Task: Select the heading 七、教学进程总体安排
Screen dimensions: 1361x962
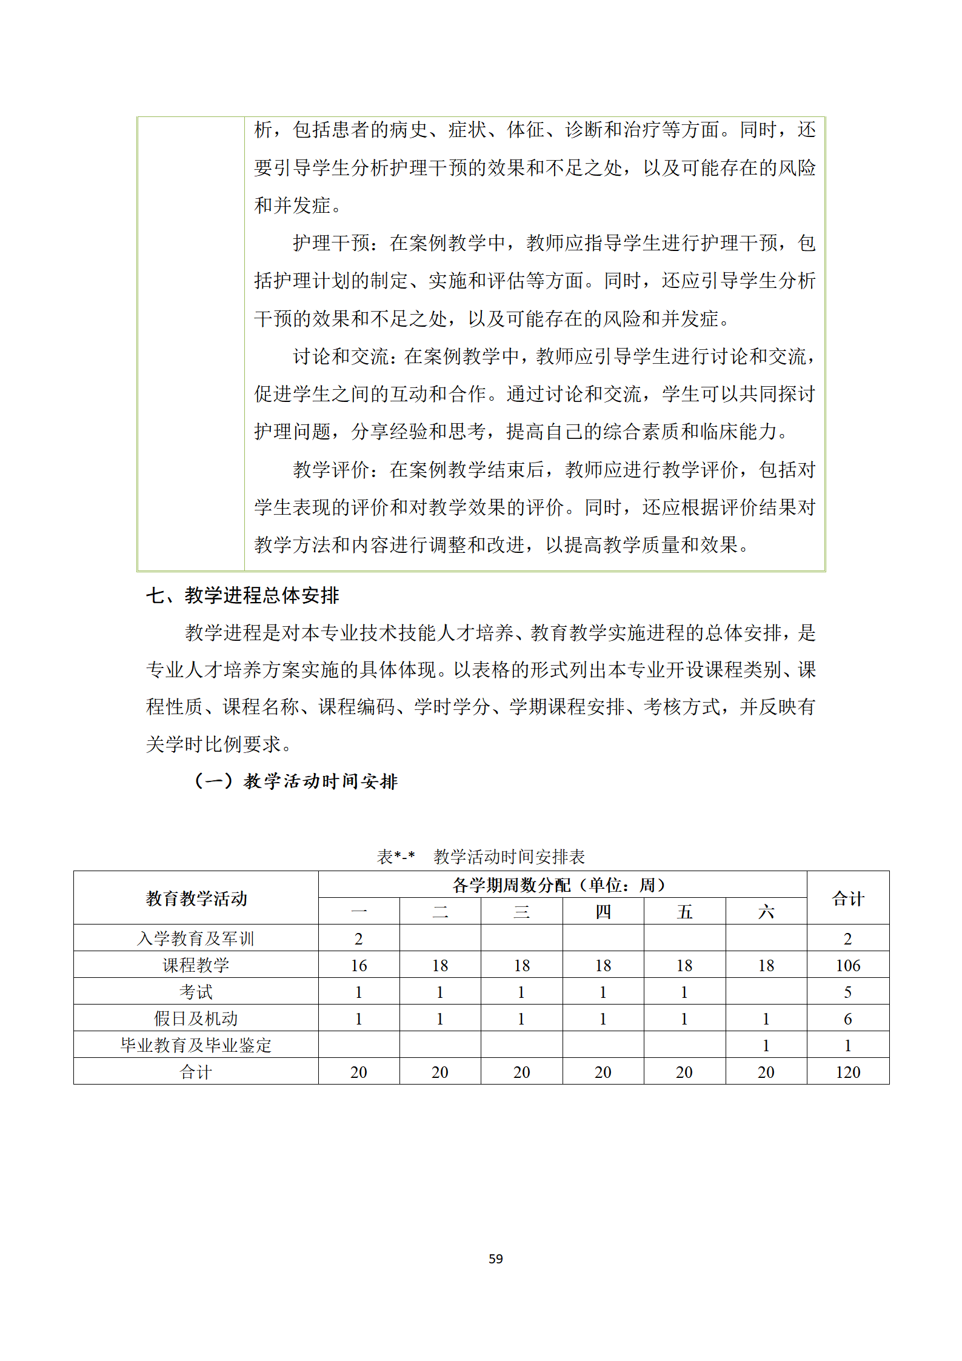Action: point(242,595)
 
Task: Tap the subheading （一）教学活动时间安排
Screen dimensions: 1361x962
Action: point(296,781)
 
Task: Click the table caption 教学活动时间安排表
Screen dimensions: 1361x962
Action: point(509,857)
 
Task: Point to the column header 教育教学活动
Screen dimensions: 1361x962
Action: point(196,898)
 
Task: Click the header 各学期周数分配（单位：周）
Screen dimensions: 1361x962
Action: point(562,885)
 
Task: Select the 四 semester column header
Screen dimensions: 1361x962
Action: point(603,912)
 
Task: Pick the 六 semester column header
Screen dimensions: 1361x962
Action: point(766,912)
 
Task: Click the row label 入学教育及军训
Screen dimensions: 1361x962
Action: point(196,938)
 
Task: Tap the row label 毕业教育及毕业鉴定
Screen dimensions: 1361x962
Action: point(196,1045)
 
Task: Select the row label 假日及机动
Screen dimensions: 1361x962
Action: point(196,1018)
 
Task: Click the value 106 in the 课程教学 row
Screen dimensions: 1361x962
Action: point(847,965)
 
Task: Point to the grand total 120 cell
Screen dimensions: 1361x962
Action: point(847,1072)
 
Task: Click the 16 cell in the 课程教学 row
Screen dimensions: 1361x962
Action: point(359,965)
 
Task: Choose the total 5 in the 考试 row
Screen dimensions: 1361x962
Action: point(847,992)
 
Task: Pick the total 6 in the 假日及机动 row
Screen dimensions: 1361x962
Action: point(847,1018)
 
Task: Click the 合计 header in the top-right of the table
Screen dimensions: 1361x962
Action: point(847,898)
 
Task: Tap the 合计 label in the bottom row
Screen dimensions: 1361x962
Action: point(196,1072)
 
